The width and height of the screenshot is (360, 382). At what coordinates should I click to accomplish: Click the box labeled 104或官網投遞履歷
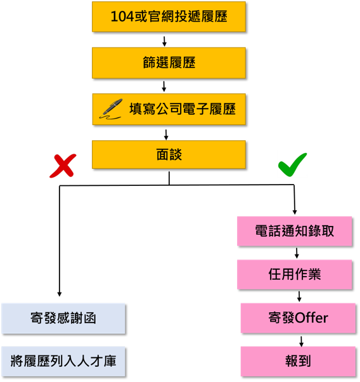pos(169,16)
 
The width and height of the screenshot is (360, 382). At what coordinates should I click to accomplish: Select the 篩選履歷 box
pos(169,63)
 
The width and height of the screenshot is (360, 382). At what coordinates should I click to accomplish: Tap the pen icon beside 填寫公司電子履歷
pos(111,109)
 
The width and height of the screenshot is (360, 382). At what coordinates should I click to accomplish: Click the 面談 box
pos(169,154)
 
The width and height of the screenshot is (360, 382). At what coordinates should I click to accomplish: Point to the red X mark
pos(63,166)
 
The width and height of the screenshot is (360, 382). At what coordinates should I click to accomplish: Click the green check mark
pos(292,164)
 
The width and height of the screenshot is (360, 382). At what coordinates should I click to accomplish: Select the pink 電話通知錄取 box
pos(295,231)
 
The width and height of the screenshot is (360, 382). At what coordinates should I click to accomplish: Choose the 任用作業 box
pos(295,275)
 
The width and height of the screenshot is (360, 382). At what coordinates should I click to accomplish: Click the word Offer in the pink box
pos(312,318)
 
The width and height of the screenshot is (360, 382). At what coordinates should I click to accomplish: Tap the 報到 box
pos(298,361)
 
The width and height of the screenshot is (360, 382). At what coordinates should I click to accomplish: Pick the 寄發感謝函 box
pos(63,319)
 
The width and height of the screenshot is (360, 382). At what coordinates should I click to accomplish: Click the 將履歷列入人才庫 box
pos(63,361)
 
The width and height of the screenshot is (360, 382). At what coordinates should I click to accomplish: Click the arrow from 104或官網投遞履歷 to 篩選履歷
pos(164,41)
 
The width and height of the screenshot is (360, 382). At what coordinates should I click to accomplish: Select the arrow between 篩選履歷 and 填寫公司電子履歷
pos(164,86)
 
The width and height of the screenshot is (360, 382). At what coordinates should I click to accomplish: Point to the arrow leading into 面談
pos(166,135)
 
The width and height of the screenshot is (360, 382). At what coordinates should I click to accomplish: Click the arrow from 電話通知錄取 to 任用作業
pos(297,253)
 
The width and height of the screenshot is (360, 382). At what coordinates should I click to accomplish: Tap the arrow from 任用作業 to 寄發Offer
pos(299,296)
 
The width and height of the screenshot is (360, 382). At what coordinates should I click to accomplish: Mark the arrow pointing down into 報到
pos(301,341)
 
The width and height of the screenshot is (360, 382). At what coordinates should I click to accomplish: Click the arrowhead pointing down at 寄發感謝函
pos(60,294)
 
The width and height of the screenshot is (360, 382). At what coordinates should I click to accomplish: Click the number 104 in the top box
pos(122,16)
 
